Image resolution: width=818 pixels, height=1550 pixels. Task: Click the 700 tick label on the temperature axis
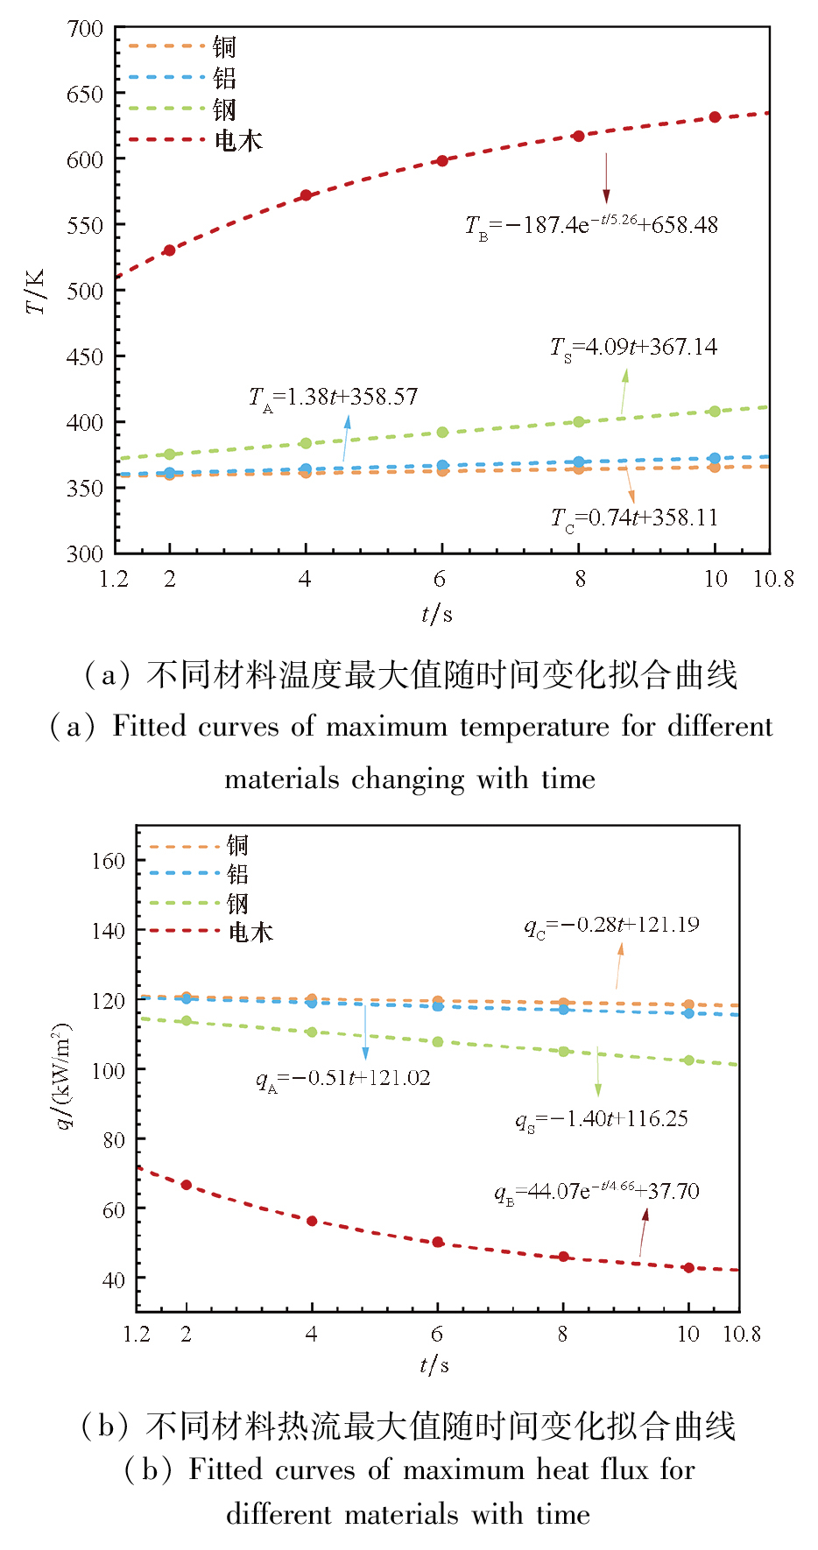click(85, 29)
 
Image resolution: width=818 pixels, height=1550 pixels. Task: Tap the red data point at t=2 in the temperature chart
click(170, 250)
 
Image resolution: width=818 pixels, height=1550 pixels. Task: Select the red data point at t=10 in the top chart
click(715, 117)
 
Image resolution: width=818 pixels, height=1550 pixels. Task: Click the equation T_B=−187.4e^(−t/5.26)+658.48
click(591, 225)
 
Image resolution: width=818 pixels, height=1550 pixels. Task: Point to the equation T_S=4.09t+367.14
click(633, 348)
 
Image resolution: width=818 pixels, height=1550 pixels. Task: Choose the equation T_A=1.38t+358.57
click(333, 398)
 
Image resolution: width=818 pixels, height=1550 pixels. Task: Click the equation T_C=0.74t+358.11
click(634, 518)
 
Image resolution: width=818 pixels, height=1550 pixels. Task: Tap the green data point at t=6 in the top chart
click(442, 433)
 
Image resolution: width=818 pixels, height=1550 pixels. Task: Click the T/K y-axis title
click(36, 292)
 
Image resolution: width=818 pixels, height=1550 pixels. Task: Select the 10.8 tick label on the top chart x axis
click(773, 579)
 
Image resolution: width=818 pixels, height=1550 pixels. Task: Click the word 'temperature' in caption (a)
click(534, 727)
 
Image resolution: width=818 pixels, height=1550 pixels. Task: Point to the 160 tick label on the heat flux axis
click(108, 861)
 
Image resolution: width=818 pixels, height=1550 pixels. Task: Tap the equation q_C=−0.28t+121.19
click(611, 926)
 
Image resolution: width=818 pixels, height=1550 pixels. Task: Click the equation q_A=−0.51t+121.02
click(342, 1079)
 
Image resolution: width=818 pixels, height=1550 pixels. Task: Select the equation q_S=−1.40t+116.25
click(601, 1120)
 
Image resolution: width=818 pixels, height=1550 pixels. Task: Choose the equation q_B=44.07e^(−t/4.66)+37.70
click(596, 1192)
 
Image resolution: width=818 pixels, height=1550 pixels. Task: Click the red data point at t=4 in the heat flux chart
click(312, 1221)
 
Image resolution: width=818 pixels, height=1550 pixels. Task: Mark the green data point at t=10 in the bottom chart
click(688, 1060)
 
